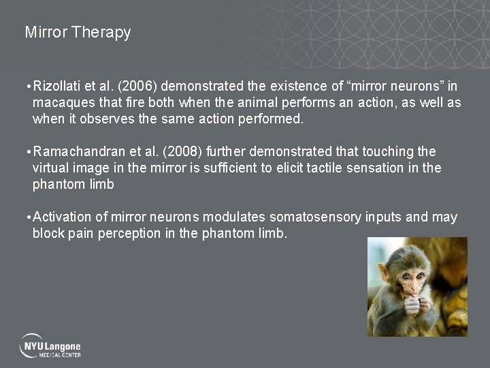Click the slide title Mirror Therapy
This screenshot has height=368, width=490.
point(78,32)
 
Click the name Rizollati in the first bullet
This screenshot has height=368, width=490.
point(57,87)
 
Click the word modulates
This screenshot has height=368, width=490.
point(235,217)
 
